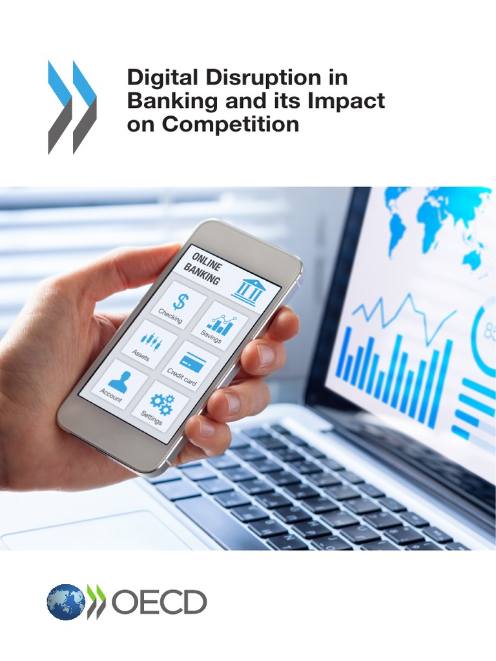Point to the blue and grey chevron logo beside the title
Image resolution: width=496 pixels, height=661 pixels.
click(72, 107)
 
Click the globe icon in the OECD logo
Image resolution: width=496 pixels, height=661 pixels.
click(65, 602)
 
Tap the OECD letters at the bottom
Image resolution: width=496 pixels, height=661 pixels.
click(159, 602)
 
